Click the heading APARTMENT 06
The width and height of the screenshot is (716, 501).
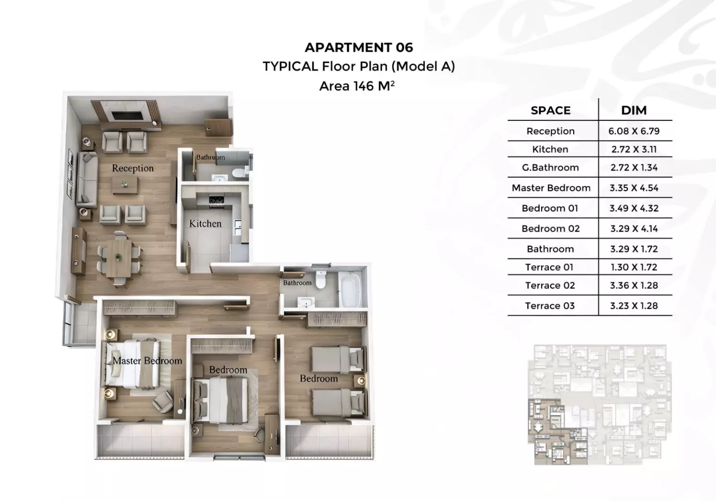click(358, 47)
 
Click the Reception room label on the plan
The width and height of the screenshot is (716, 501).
click(132, 168)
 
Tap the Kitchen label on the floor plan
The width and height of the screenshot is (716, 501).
click(205, 224)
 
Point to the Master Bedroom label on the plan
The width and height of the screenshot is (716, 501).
click(147, 360)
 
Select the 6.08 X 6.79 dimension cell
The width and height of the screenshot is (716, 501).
click(634, 131)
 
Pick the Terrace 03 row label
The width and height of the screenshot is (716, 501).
click(550, 305)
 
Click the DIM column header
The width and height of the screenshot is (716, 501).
click(634, 110)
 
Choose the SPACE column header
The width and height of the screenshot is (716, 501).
click(551, 110)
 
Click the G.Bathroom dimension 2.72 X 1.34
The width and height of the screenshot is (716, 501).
click(634, 167)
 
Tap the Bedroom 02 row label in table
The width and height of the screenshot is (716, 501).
click(551, 228)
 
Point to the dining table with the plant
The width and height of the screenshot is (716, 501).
click(118, 258)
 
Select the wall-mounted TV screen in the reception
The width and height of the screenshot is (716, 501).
click(126, 116)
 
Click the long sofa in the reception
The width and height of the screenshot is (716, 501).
click(87, 180)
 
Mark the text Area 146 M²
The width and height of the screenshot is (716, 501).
click(357, 86)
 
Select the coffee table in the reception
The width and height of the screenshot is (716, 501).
click(125, 185)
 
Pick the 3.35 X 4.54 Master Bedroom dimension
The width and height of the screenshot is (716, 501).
click(634, 188)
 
